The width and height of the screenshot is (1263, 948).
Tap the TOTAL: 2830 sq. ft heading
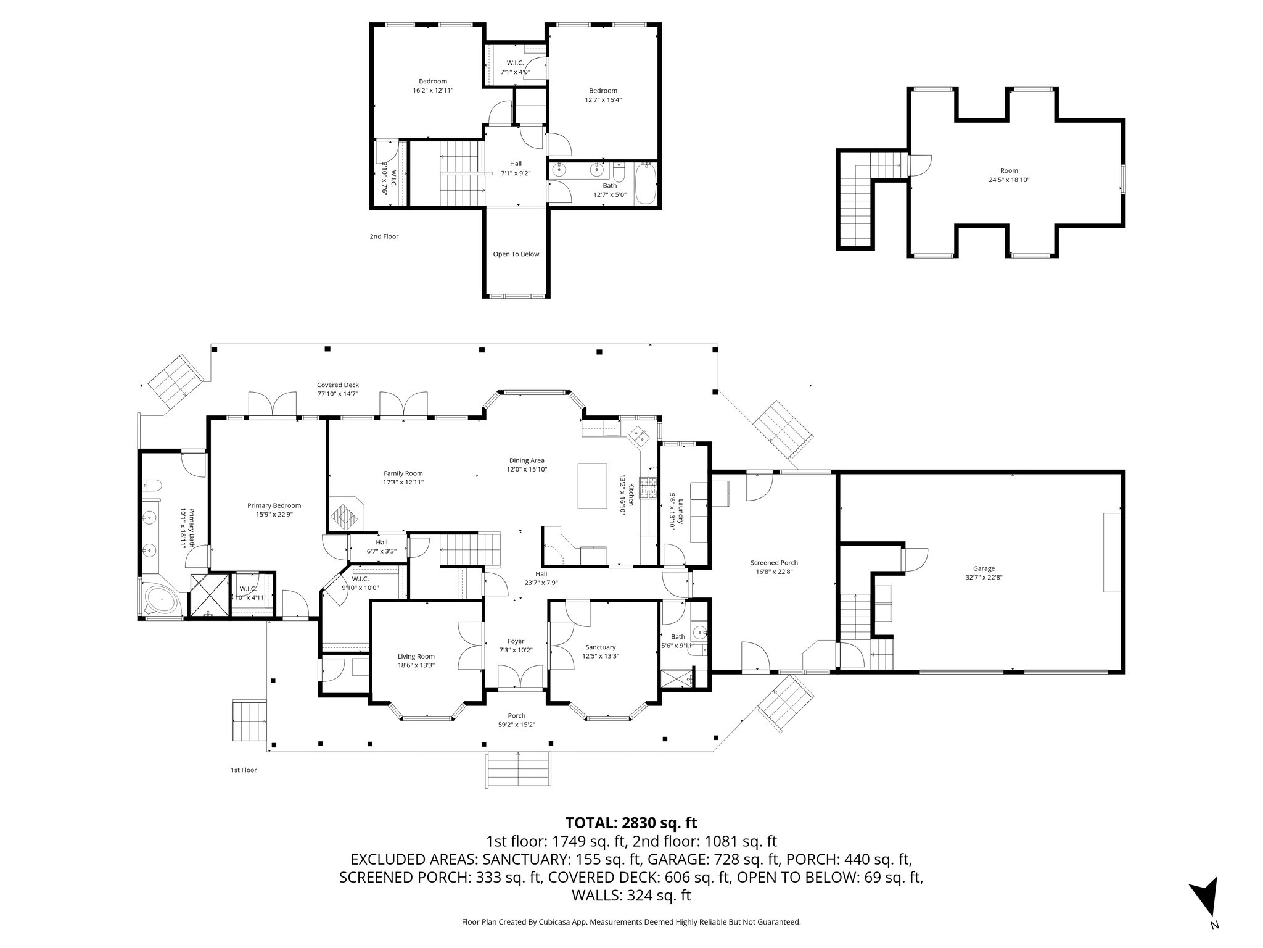(x=631, y=822)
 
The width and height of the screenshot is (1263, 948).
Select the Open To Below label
(x=516, y=254)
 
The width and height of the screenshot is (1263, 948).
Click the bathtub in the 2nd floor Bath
(x=646, y=183)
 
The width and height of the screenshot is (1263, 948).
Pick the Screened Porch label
(x=774, y=562)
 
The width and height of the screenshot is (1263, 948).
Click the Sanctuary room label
(x=600, y=647)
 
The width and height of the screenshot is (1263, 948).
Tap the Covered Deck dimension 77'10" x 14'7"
(x=338, y=393)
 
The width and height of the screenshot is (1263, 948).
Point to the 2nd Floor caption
(x=384, y=236)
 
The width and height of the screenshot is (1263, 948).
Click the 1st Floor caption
(x=244, y=770)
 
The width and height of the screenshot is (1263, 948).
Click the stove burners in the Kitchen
(x=649, y=488)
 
